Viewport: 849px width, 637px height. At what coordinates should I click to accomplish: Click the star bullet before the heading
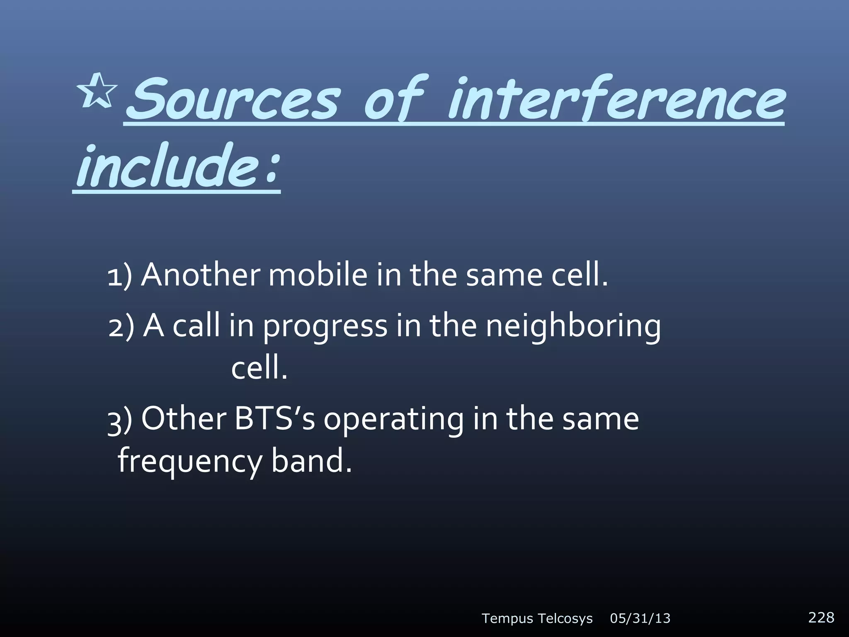coord(97,91)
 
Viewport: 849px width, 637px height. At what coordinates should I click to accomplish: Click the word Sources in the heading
coord(232,100)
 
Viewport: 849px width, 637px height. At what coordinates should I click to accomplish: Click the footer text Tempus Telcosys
coord(537,619)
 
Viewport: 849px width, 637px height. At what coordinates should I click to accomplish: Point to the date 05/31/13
coord(640,619)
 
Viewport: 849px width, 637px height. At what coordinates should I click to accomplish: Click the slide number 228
coord(821,617)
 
